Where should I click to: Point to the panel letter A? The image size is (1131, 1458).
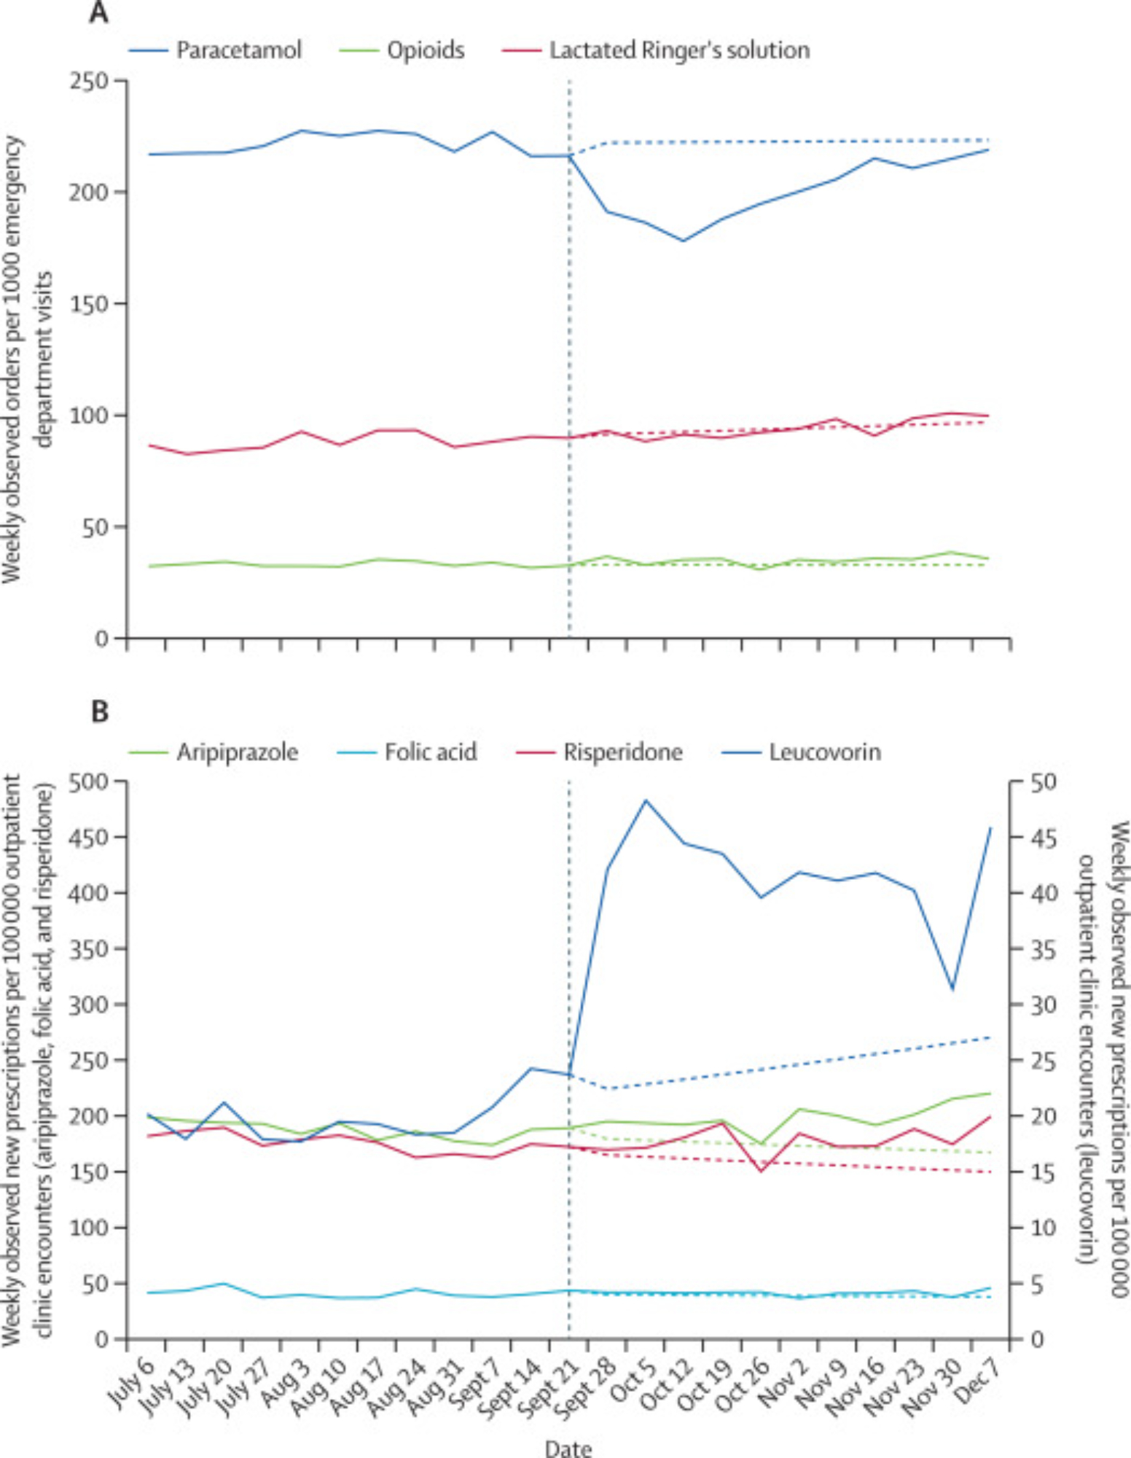99,12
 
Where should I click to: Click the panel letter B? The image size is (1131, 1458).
100,712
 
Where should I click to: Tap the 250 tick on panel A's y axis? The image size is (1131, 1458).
89,80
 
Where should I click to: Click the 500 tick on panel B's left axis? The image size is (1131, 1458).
87,781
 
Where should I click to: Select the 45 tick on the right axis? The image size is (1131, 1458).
1044,838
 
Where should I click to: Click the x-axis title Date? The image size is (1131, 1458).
568,1448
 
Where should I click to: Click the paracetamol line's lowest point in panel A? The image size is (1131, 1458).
684,241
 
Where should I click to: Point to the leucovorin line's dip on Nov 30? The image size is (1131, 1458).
952,989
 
